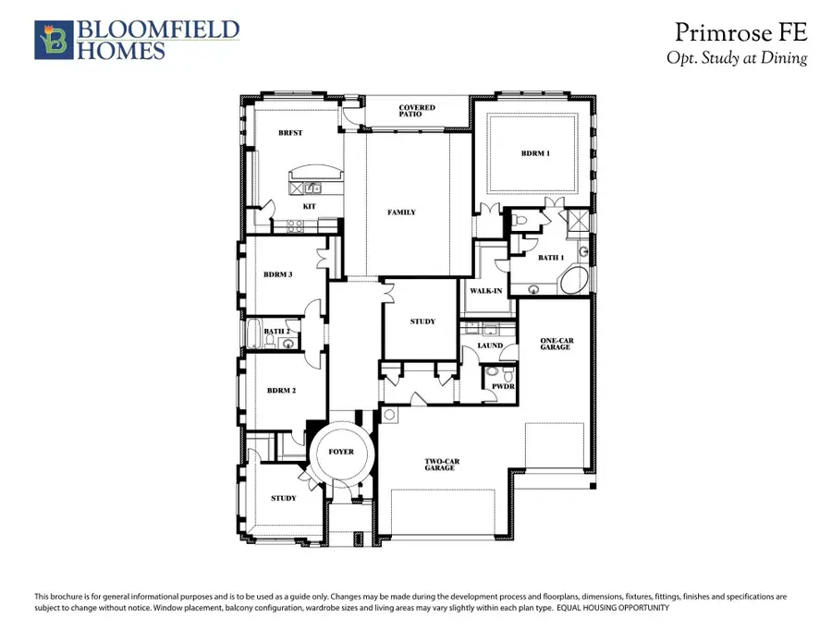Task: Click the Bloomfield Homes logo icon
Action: click(x=53, y=40)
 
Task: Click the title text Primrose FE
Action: click(x=740, y=33)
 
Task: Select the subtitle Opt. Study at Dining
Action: click(x=737, y=58)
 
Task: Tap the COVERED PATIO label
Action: click(x=417, y=112)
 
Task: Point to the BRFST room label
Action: click(x=290, y=133)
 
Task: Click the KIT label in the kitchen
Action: click(x=311, y=207)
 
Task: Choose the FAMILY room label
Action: click(x=401, y=212)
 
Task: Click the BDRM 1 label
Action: click(x=535, y=153)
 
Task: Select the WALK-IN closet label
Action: click(x=485, y=290)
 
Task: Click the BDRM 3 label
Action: click(x=278, y=274)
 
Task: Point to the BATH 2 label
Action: click(x=277, y=332)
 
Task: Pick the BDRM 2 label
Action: click(x=281, y=391)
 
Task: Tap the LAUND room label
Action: click(x=490, y=346)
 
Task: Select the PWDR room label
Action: click(x=502, y=386)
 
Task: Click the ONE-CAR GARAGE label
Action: click(x=557, y=345)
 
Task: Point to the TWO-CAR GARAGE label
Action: click(x=440, y=465)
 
